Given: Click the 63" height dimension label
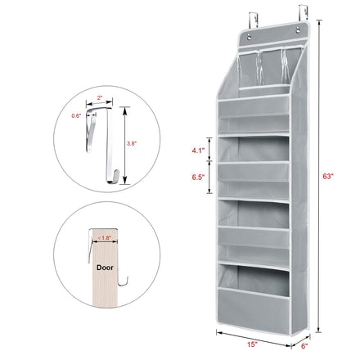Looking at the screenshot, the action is tap(328, 176).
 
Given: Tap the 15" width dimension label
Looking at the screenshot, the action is tap(252, 344).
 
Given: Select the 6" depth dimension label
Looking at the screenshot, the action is tap(304, 346).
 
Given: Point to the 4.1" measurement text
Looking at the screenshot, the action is tap(198, 151).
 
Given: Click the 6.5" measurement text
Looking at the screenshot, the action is tap(198, 178).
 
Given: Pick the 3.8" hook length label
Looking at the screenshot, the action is tap(131, 143).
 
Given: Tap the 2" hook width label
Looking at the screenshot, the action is tap(100, 97).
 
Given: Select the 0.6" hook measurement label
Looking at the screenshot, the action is tap(76, 115).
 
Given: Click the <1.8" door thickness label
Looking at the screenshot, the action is tap(104, 238).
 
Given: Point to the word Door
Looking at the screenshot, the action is tap(105, 268).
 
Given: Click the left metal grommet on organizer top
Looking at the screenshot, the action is tap(250, 36).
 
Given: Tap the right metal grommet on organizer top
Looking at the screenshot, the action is tap(299, 29).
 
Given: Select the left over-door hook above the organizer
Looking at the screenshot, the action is tap(254, 20).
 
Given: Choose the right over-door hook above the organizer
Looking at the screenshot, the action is tap(303, 13).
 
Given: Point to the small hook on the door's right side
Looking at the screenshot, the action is tap(123, 281).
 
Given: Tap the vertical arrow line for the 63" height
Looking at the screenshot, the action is tap(318, 176).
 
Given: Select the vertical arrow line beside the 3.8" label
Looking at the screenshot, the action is tap(124, 146).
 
